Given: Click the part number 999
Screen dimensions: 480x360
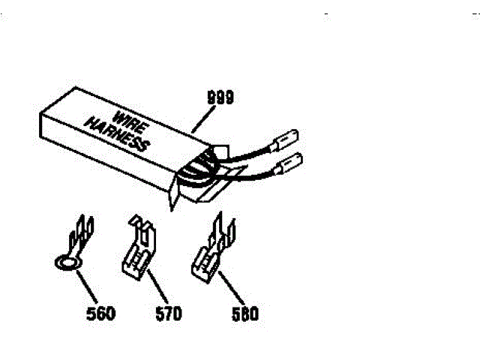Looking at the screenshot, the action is click(x=220, y=97).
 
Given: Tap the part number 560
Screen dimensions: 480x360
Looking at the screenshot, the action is click(x=100, y=313).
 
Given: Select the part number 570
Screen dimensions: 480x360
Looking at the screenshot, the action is click(x=166, y=313).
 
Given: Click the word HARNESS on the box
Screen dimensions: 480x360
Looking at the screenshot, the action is click(x=115, y=136).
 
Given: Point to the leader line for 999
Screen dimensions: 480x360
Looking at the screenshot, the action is click(x=202, y=118).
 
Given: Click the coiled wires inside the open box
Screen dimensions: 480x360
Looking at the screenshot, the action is click(x=201, y=169).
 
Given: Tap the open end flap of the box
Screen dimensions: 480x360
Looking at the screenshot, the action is click(x=174, y=192).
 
